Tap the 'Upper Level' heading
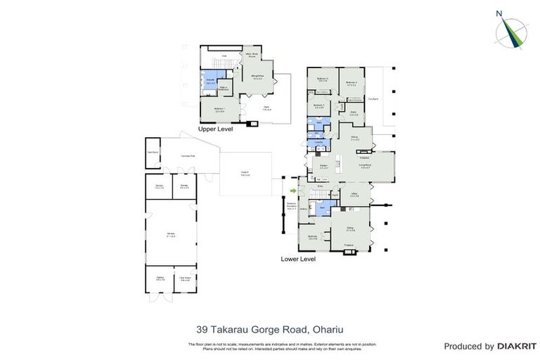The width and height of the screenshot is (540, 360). coord(215,129)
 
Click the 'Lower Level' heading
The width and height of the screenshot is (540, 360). coord(298,259)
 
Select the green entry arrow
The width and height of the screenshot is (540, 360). coord(292,190)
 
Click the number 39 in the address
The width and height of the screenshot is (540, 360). coord(202,328)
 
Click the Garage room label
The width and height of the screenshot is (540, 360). coord(172,236)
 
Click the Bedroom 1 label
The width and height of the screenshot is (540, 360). coord(219,110)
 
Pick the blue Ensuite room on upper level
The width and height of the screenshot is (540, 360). coord(210,82)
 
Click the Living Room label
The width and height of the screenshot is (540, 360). coord(365,167)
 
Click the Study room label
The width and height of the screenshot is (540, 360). coord(354,114)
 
